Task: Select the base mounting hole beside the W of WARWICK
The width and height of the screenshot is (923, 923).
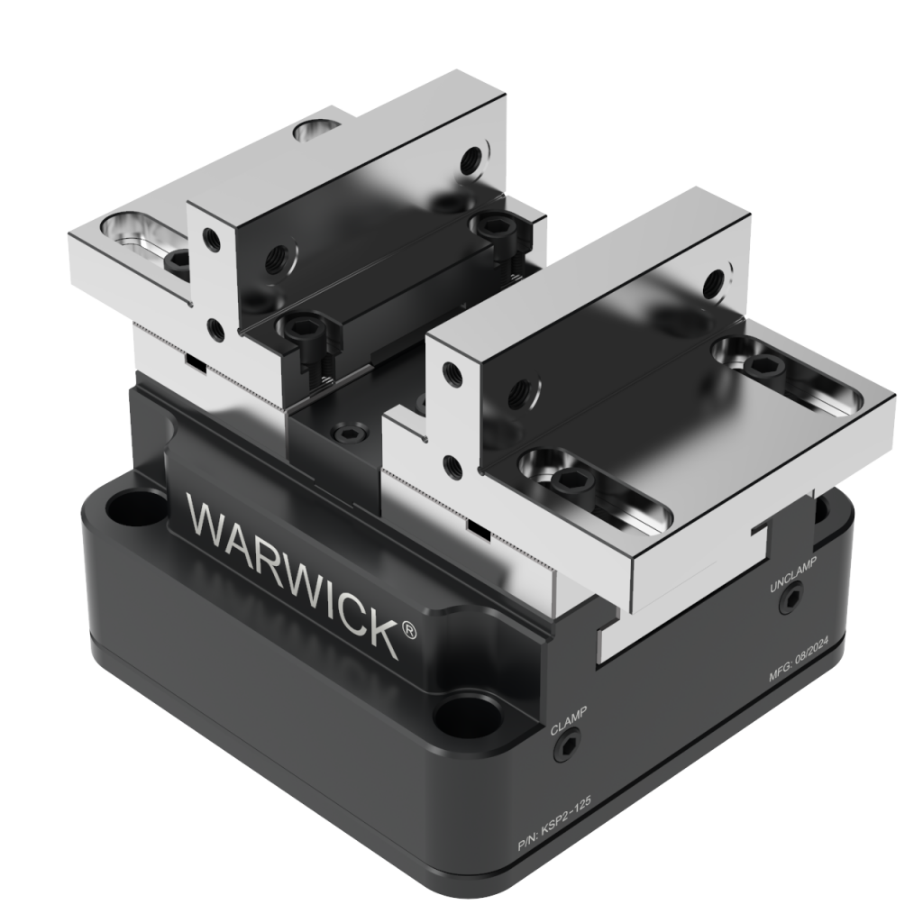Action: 130,506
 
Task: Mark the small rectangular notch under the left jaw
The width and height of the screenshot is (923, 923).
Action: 193,361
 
